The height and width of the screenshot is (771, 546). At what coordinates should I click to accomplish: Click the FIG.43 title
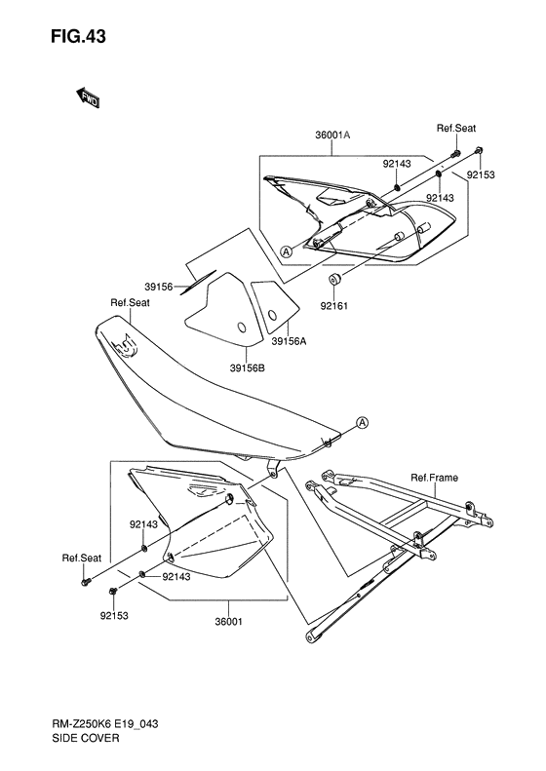pyautogui.click(x=78, y=36)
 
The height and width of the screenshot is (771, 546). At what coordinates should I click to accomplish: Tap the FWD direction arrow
pyautogui.click(x=88, y=97)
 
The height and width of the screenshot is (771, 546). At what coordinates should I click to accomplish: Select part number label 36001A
pyautogui.click(x=332, y=135)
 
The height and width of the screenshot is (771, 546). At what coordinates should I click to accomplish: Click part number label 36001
pyautogui.click(x=229, y=622)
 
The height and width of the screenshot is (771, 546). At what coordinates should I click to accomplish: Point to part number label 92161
pyautogui.click(x=334, y=306)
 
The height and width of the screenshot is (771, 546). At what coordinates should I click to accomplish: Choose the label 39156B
pyautogui.click(x=247, y=367)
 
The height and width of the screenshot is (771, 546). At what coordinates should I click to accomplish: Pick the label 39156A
pyautogui.click(x=289, y=341)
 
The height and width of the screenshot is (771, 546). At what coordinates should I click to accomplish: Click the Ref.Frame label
pyautogui.click(x=434, y=478)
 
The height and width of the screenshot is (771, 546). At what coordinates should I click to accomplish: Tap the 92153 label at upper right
pyautogui.click(x=481, y=174)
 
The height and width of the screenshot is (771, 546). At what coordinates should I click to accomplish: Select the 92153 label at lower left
pyautogui.click(x=114, y=616)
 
